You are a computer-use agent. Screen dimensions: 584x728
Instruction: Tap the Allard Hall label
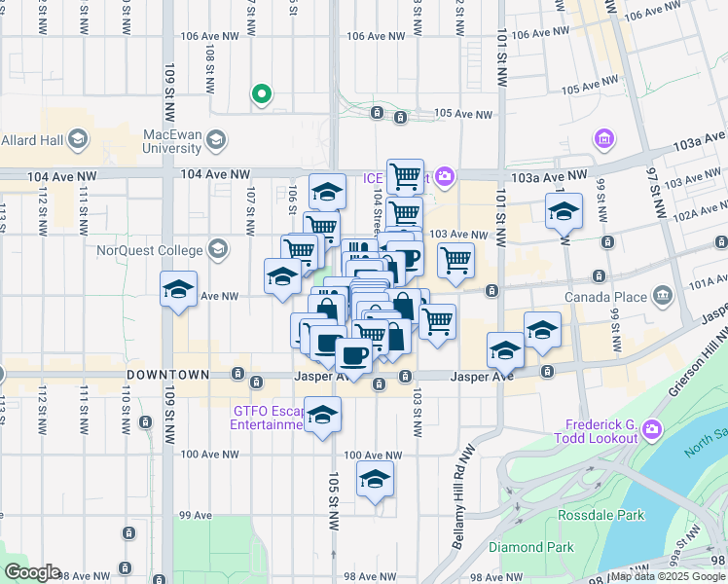pyautogui.click(x=32, y=140)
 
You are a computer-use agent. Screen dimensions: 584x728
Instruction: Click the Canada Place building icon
pyautogui.click(x=663, y=295)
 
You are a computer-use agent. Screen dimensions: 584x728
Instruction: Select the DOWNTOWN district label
pyautogui.click(x=167, y=375)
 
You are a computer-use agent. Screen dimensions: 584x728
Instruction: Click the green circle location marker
pyautogui.click(x=261, y=94)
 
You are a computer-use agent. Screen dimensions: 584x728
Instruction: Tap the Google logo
pyautogui.click(x=31, y=572)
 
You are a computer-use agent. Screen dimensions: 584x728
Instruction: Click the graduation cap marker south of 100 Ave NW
pyautogui.click(x=375, y=479)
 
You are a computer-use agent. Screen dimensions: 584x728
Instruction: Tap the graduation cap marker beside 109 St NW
pyautogui.click(x=179, y=289)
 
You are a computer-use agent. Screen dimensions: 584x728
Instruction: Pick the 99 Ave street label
pyautogui.click(x=196, y=515)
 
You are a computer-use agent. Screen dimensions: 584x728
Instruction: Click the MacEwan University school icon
pyautogui.click(x=214, y=141)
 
